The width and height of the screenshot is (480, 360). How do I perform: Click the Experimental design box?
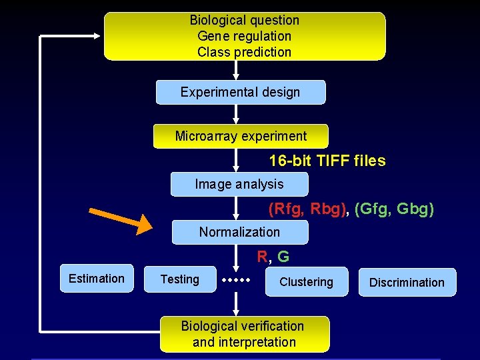[241, 92]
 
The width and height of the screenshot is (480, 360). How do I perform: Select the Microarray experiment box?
[241, 136]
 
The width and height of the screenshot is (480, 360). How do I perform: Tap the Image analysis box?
[239, 184]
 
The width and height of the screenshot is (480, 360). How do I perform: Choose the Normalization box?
[239, 232]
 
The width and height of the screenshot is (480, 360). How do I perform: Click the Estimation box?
[97, 279]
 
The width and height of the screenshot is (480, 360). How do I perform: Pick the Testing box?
[180, 279]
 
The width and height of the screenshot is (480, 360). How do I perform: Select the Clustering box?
[306, 282]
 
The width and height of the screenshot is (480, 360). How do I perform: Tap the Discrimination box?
[407, 282]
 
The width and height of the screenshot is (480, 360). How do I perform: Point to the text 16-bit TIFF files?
[327, 161]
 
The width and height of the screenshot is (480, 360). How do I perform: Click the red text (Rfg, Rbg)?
[307, 209]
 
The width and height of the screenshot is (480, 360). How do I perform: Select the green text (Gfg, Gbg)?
[395, 209]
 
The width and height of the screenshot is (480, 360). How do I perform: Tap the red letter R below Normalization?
[263, 256]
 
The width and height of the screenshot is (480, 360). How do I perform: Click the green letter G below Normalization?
[283, 256]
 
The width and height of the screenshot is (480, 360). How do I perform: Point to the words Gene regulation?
[244, 36]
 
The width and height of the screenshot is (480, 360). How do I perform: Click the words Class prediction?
[244, 52]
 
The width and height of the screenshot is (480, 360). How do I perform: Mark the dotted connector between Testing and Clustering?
[237, 280]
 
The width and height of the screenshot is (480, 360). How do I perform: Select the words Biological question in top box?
[244, 21]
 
